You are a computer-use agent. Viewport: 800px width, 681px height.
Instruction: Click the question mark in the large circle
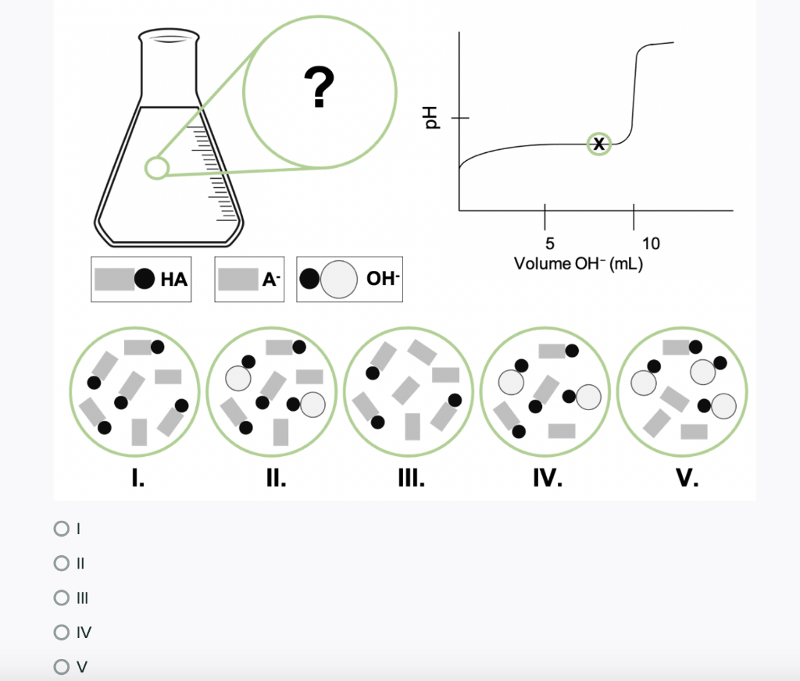[x=320, y=87]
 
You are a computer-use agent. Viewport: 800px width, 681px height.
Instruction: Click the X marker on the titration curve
[x=599, y=144]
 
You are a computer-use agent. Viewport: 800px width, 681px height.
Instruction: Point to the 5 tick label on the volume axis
[x=549, y=244]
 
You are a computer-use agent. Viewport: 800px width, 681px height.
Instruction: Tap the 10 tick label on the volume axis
[x=651, y=244]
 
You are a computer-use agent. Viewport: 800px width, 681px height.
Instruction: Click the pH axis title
[x=431, y=118]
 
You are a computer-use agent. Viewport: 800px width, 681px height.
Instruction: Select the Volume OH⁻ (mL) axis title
[x=578, y=264]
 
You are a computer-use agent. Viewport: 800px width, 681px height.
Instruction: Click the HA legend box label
[x=174, y=280]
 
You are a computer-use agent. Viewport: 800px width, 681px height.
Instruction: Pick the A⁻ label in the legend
[x=271, y=280]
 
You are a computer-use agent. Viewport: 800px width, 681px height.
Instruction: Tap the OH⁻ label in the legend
[x=383, y=279]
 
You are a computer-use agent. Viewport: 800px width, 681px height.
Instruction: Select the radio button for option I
[x=61, y=529]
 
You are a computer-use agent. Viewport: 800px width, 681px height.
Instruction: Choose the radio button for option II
[x=61, y=563]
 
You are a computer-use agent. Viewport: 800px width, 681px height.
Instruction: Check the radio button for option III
[x=61, y=597]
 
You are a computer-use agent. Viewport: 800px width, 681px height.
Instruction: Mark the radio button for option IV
[x=61, y=632]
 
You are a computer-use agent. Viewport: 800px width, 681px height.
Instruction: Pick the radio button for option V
[x=61, y=666]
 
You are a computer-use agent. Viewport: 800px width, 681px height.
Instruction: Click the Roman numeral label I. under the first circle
[x=137, y=478]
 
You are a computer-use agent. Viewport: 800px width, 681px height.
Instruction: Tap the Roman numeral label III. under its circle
[x=411, y=478]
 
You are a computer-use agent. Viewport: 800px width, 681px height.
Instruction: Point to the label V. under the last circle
[x=687, y=478]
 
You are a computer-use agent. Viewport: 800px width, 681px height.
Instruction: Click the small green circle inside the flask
[x=156, y=168]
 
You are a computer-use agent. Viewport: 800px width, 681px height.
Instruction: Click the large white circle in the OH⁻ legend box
[x=339, y=280]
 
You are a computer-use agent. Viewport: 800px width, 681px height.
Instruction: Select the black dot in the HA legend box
[x=145, y=279]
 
